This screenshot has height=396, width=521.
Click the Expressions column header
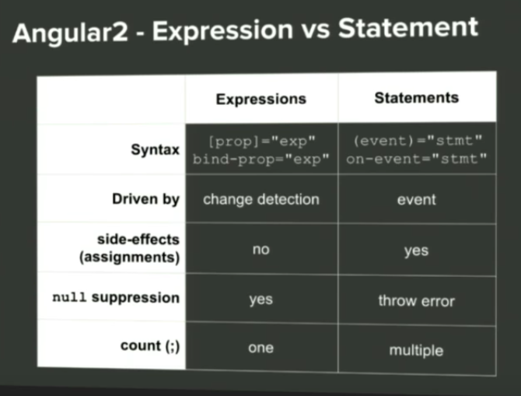[x=260, y=99]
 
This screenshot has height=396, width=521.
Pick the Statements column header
[x=416, y=97]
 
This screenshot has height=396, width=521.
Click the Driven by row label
[x=145, y=199]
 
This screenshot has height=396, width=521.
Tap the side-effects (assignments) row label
[x=130, y=248]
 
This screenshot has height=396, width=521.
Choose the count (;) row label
[x=150, y=346]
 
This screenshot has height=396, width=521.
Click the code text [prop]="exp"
[x=260, y=142]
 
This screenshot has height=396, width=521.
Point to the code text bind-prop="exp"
[x=260, y=159]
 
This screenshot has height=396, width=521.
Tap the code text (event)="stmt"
[x=417, y=142]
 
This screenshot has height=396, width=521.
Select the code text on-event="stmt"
[x=417, y=159]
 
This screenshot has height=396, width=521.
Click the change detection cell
[x=261, y=199]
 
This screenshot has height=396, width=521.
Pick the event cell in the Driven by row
[x=417, y=200]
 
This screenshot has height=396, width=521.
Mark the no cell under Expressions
[x=260, y=250]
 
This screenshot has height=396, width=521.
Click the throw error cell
[x=417, y=300]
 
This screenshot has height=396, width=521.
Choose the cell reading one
[x=260, y=348]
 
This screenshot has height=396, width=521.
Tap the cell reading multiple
[x=417, y=351]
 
